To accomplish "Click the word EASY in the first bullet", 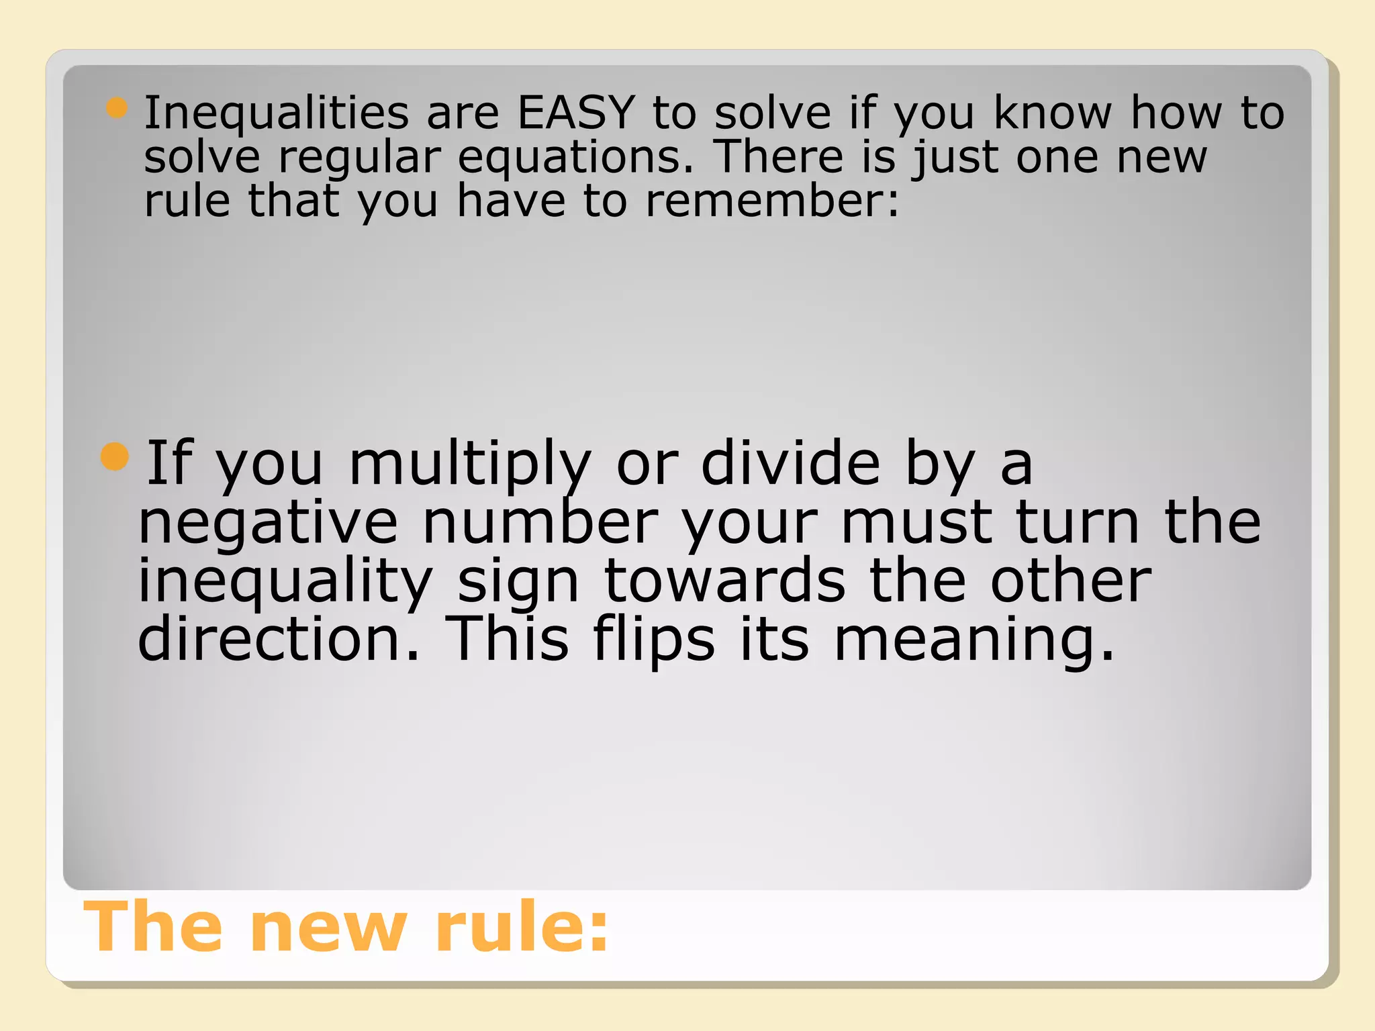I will [x=576, y=112].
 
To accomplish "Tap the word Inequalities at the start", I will [x=276, y=113].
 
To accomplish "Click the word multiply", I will [x=470, y=464].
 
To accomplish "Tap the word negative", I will [x=268, y=524].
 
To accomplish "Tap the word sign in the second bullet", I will [x=518, y=583].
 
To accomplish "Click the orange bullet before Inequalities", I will [x=117, y=107].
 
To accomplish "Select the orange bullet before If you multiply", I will [x=114, y=457].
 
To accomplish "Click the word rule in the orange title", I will [x=521, y=927].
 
